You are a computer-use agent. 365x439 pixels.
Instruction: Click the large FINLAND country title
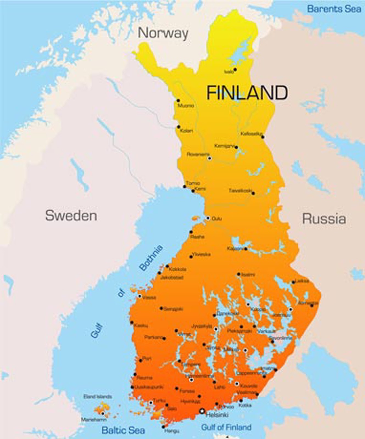pos(247,92)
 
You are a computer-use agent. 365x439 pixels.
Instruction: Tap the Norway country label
pos(163,33)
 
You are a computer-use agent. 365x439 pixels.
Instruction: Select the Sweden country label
pos(71,216)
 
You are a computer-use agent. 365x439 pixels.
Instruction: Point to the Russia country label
pos(324,219)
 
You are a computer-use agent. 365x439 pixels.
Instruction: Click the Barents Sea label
pos(334,9)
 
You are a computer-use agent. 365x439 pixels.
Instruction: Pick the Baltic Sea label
pos(123,430)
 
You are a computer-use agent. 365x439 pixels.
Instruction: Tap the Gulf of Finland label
pos(226,427)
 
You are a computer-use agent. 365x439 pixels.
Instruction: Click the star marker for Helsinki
pos(202,411)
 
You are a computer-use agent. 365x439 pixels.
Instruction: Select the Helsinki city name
pos(217,415)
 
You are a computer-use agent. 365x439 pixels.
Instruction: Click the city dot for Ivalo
pos(235,70)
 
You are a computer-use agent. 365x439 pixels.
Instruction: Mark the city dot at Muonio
pos(178,101)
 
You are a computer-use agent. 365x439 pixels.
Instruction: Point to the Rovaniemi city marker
pos(210,158)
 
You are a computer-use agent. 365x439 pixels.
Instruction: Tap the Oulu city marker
pos(208,218)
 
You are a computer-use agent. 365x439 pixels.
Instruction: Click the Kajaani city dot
pos(246,249)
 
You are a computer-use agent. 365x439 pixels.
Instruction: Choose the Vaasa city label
pos(149,297)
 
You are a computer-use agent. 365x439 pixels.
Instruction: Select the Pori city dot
pos(141,361)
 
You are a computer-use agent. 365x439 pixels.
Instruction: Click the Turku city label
pos(159,401)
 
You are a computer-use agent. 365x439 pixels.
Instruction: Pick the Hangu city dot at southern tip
pos(163,427)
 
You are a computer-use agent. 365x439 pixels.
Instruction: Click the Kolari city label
pos(186,131)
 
